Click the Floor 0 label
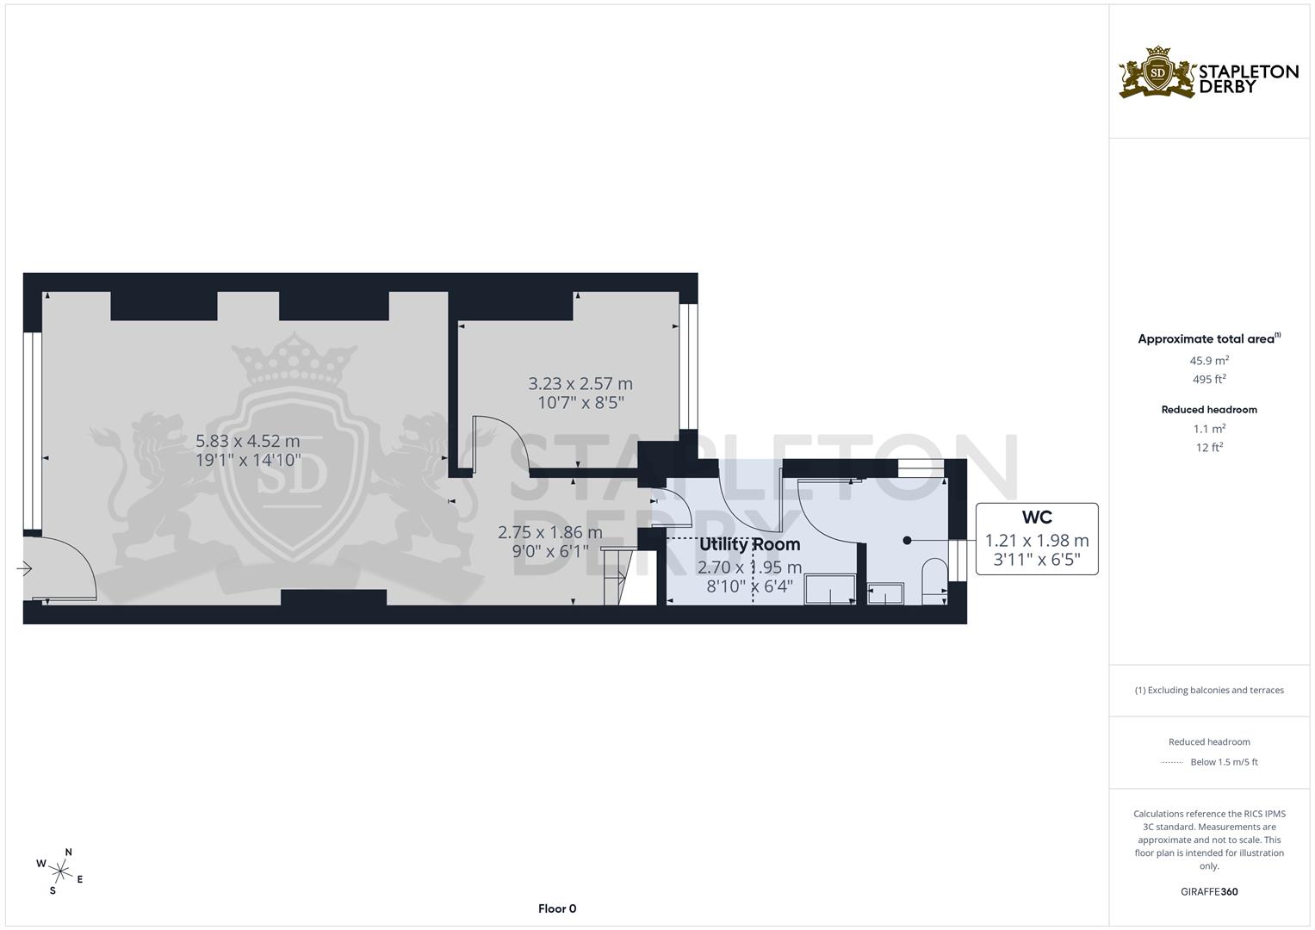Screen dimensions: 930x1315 [x=557, y=908]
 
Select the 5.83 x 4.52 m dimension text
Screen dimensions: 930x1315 [x=248, y=442]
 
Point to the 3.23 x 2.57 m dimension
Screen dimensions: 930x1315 [x=580, y=384]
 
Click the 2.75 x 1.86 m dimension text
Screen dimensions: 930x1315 [x=549, y=533]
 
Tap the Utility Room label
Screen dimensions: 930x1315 [x=749, y=545]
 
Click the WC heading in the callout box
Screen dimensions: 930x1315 [x=1037, y=518]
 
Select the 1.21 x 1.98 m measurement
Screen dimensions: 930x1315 [x=1037, y=541]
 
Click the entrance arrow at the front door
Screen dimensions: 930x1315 [x=24, y=568]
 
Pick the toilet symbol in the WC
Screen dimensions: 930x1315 [x=934, y=576]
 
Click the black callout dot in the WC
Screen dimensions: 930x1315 [x=907, y=541]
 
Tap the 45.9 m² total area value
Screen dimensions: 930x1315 [x=1209, y=361]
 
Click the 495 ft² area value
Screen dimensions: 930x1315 [x=1209, y=380]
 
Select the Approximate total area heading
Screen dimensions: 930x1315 [x=1206, y=339]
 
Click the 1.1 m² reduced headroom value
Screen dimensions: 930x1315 [x=1209, y=429]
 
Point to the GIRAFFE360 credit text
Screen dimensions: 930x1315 [x=1209, y=892]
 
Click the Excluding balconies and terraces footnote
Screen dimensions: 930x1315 [x=1209, y=691]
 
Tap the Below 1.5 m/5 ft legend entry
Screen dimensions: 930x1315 [x=1224, y=762]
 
